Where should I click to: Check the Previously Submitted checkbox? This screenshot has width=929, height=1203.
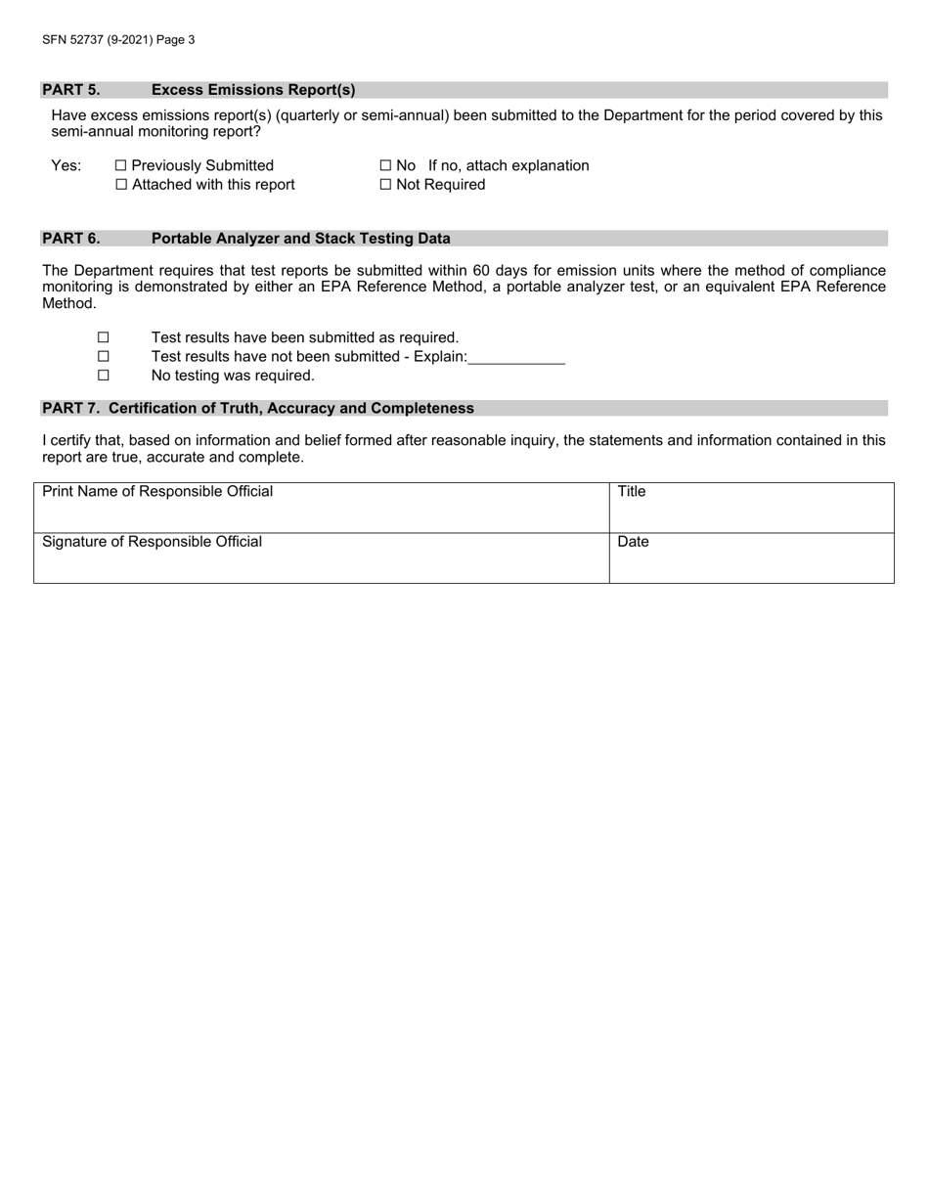click(121, 166)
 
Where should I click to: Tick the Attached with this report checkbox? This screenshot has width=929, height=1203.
click(121, 185)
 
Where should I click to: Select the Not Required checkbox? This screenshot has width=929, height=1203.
click(385, 185)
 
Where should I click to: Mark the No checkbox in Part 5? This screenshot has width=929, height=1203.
click(385, 166)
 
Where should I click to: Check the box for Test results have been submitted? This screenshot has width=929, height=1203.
click(103, 338)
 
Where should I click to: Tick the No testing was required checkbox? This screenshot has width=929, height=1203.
click(103, 376)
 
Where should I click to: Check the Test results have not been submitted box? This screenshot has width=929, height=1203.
click(103, 357)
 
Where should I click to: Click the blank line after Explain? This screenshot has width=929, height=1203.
click(516, 358)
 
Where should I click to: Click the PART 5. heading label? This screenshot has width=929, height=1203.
click(70, 90)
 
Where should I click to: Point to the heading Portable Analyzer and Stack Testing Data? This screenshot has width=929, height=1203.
click(300, 239)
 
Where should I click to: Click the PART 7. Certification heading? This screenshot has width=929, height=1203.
click(257, 409)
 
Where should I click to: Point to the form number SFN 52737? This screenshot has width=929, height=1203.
click(97, 40)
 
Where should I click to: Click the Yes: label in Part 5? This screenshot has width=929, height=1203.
click(66, 166)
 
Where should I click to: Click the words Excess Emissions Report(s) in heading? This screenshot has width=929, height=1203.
click(253, 90)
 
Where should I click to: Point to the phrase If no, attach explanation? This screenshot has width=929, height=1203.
click(509, 166)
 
